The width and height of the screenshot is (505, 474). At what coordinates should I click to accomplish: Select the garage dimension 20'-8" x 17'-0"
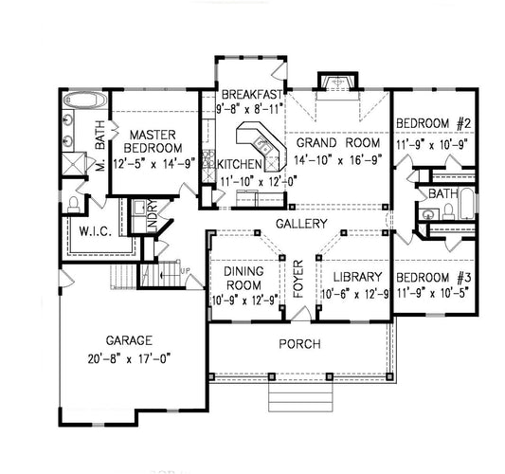123,358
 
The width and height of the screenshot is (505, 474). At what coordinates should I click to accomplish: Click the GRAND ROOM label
331,142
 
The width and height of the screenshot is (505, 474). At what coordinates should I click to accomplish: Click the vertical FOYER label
298,277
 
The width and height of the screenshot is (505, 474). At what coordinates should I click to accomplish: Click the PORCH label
299,343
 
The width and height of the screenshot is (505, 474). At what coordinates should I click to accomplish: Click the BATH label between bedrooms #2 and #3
442,193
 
